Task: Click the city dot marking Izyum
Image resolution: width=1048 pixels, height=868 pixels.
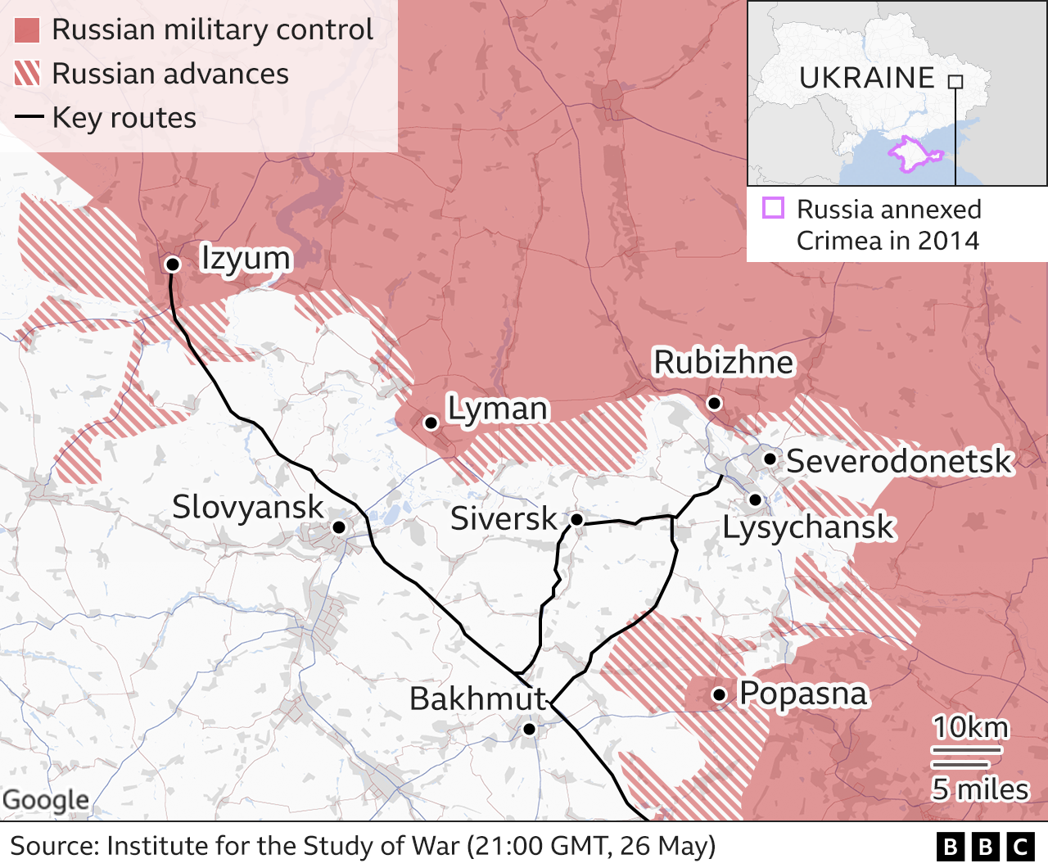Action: tap(173, 264)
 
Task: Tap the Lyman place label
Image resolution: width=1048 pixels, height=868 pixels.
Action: tap(497, 408)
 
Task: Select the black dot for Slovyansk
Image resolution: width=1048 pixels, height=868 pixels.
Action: tap(338, 527)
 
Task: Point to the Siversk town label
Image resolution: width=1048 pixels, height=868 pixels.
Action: tap(503, 518)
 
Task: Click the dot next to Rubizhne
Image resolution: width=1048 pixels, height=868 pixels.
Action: tap(714, 402)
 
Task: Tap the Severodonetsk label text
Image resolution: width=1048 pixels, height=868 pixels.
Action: tap(899, 461)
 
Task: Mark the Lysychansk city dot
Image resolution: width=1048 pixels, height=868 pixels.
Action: tap(755, 499)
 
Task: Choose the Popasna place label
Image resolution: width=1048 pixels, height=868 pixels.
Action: tap(802, 693)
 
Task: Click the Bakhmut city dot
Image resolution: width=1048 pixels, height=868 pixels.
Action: tap(529, 729)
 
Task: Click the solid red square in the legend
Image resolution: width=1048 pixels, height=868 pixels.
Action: tap(27, 30)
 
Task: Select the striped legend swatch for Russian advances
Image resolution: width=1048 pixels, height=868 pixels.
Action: tap(27, 74)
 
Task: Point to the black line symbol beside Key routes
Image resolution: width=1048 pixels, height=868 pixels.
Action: tap(29, 117)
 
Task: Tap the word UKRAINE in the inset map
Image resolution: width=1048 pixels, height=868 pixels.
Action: tap(866, 78)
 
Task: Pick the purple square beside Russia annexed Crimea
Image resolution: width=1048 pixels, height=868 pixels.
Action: tap(773, 208)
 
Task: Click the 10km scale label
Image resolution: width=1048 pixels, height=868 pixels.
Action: tap(970, 726)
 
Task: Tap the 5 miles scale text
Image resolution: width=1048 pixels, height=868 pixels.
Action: tap(979, 789)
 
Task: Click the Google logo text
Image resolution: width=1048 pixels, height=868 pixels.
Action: tap(46, 800)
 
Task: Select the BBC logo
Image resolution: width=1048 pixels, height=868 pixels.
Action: tap(985, 847)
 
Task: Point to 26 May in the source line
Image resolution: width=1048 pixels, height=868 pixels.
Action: tap(662, 846)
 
